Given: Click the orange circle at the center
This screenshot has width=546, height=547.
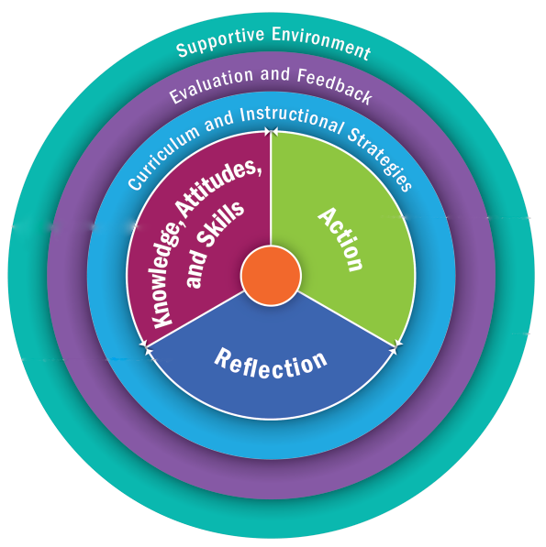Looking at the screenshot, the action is coord(271,276).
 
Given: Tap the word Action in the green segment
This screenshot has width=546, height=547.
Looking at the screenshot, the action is coord(340,239).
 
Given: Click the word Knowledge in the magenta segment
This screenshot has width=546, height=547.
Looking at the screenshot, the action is coord(168,275).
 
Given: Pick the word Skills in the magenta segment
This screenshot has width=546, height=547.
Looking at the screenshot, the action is coord(219,224).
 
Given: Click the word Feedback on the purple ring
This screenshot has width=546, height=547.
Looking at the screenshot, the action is coord(335,85).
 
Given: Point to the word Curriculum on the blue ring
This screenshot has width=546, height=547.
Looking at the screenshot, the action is coord(164,156).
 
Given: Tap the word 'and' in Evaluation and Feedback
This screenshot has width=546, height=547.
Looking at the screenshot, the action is coord(275,74).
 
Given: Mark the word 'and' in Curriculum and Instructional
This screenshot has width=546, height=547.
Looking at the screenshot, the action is coord(220,121).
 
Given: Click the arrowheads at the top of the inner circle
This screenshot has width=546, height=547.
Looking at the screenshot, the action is coord(271,132).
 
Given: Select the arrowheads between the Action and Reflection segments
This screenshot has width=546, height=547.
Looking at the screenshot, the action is coord(396,346).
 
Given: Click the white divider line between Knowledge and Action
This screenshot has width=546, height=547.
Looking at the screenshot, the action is coord(271,189).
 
